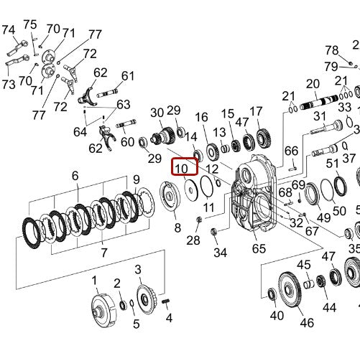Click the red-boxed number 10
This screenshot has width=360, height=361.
(181, 169)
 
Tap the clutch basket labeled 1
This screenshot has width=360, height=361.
(103, 310)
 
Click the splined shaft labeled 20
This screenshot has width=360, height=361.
(320, 102)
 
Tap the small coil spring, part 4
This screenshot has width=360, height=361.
(166, 301)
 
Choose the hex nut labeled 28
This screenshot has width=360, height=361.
(199, 219)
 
